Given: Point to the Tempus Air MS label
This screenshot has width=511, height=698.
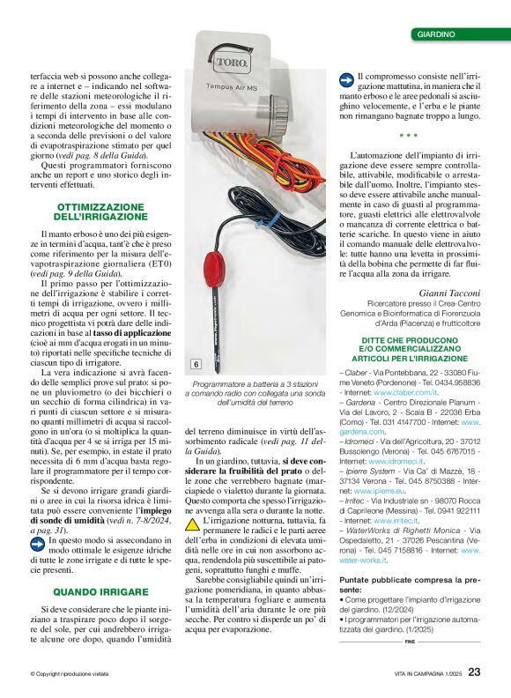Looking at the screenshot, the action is (232, 89).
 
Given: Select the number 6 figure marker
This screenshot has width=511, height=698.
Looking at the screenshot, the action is (196, 364).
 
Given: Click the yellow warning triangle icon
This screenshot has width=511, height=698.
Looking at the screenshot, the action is (192, 523).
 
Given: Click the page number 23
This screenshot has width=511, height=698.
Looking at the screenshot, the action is (474, 672).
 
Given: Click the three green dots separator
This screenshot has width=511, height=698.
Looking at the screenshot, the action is (408, 136).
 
